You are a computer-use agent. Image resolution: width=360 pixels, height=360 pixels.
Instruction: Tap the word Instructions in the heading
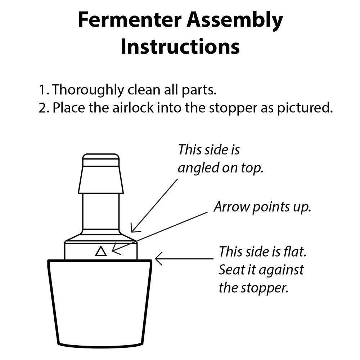coord(180,47)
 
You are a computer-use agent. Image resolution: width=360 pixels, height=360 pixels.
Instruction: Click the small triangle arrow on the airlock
coord(101,251)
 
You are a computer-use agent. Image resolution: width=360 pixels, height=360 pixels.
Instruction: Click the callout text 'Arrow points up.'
coord(262,207)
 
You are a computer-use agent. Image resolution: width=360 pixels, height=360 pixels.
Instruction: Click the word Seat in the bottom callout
coord(230,270)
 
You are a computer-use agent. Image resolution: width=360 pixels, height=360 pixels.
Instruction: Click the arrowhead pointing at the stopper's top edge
coord(158,258)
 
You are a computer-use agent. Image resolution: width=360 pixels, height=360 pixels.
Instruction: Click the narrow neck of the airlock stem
coord(101,211)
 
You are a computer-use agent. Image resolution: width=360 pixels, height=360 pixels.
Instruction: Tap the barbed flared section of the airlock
coord(101,180)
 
